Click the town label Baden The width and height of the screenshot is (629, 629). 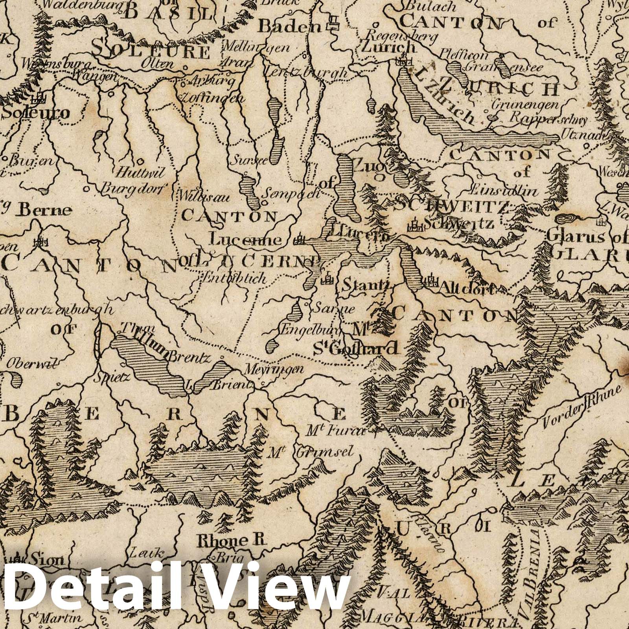click(289, 26)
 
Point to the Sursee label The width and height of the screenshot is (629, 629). click(244, 160)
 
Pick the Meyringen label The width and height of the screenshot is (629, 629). click(274, 370)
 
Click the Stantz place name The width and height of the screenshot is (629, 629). click(365, 284)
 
